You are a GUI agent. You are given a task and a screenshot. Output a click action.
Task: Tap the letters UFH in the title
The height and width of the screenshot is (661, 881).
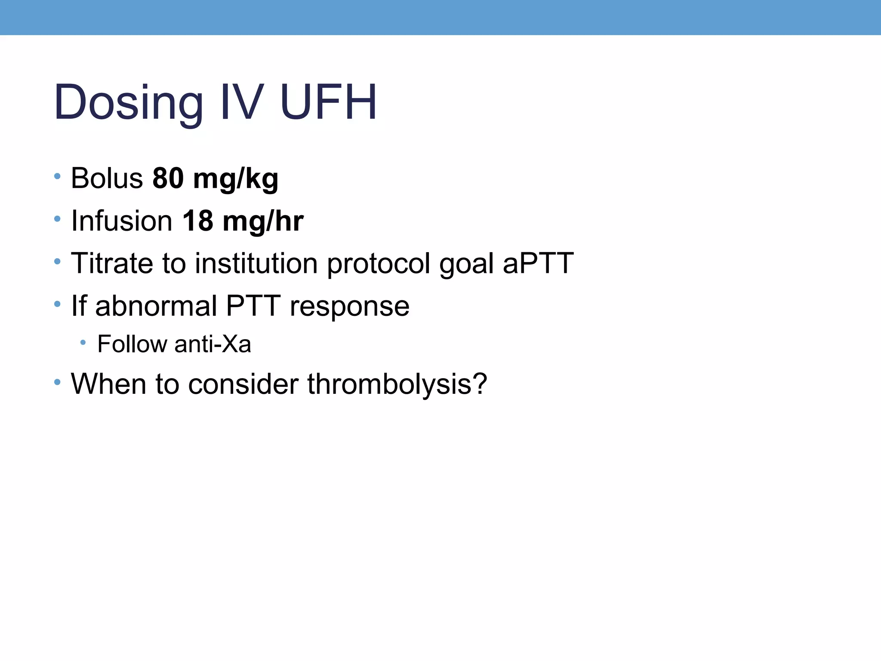coord(329,102)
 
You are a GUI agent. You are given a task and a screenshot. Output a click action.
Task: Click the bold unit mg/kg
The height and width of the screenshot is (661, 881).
coord(236,179)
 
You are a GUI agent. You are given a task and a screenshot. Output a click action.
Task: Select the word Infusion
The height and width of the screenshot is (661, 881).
coord(122,220)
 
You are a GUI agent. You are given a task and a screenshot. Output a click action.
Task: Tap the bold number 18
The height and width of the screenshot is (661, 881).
coord(197,220)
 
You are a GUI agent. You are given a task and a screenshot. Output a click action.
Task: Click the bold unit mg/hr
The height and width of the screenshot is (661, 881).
coord(263,220)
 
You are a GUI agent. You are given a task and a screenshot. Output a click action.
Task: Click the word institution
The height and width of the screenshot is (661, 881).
coord(256,263)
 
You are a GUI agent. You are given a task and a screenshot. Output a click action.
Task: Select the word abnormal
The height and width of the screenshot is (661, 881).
coord(156,306)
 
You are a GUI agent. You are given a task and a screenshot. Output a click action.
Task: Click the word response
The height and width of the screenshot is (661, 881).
coord(349,306)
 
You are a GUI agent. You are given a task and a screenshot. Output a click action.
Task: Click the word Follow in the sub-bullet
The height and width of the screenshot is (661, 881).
coord(132,344)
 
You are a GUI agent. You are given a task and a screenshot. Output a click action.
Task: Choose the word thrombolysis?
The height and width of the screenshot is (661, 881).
coord(397,383)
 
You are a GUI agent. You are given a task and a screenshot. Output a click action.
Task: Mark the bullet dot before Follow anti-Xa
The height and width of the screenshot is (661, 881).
coord(83,343)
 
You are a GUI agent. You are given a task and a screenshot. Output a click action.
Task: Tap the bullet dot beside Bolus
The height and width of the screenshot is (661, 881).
coord(57,176)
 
